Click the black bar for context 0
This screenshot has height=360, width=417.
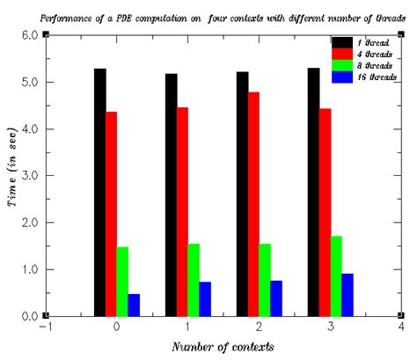(x=99, y=192)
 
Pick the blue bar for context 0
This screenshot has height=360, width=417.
(x=134, y=305)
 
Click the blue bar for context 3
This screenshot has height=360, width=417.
(x=347, y=294)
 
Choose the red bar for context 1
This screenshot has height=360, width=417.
(x=181, y=211)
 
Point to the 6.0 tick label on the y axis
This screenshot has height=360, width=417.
(x=28, y=35)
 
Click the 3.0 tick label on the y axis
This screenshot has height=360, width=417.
(x=28, y=176)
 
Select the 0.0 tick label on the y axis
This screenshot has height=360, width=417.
(x=28, y=317)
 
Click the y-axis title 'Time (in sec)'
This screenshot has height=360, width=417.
(x=11, y=176)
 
